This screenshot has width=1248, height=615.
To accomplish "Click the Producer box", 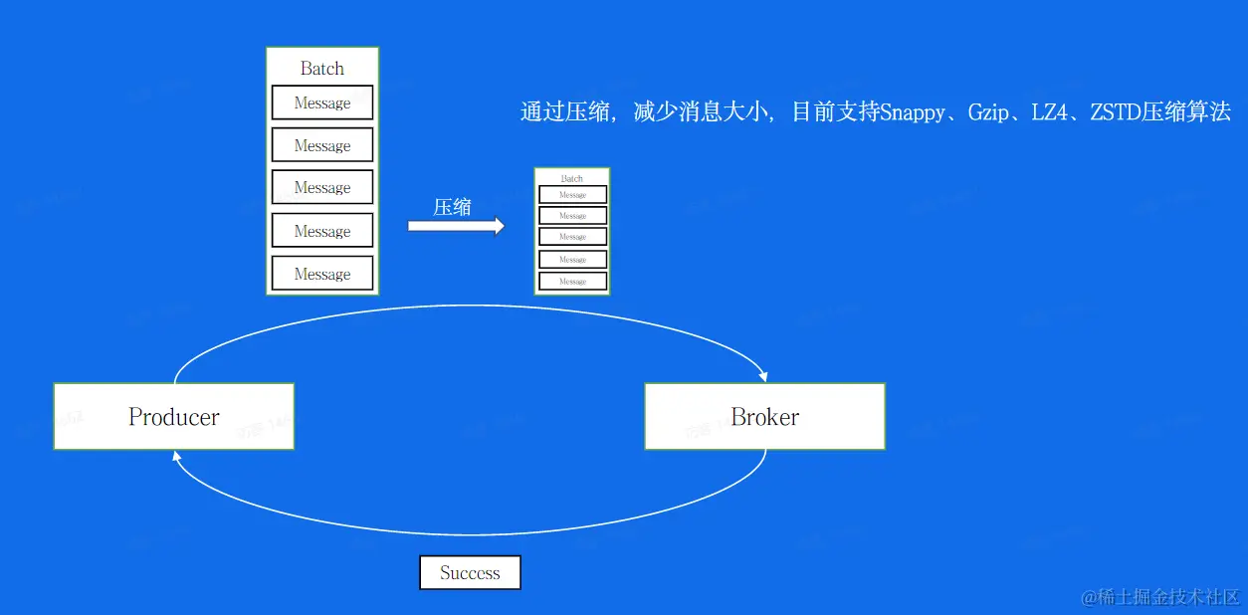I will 174,416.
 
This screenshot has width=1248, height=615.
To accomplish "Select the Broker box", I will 764,416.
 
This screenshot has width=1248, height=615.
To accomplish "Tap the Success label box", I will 470,572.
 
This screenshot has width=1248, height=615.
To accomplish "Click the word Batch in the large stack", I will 322,69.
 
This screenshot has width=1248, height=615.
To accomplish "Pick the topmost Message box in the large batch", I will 322,102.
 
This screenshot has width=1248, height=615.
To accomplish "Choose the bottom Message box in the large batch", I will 322,274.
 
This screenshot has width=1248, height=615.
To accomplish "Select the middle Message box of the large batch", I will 322,187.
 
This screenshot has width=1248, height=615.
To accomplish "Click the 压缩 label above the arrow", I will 452,207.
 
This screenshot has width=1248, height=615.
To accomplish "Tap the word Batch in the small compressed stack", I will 572,178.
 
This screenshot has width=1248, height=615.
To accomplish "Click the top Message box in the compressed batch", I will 572,195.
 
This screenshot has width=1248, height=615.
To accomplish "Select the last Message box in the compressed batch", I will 572,282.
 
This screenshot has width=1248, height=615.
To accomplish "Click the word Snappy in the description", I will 912,112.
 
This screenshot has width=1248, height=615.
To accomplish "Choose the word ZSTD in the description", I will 1115,112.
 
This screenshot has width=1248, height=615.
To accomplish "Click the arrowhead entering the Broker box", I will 763,376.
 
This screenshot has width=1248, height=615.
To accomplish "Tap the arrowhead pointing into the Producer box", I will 177,456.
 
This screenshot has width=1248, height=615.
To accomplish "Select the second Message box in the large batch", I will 322,145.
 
